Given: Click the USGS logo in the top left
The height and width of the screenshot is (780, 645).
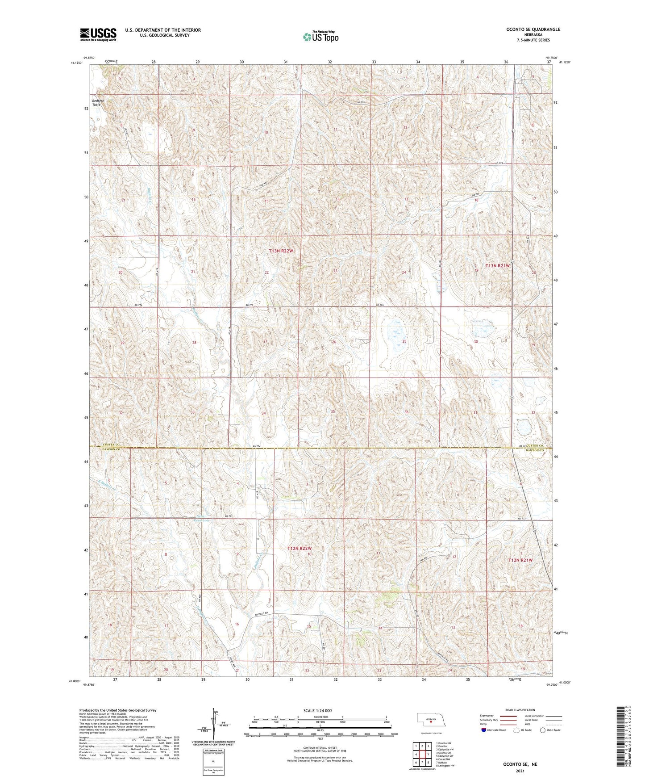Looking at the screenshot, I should [x=98, y=34].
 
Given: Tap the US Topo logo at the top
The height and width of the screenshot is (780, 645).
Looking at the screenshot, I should [x=320, y=37].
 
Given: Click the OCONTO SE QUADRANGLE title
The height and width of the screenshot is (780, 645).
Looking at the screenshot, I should [x=533, y=29].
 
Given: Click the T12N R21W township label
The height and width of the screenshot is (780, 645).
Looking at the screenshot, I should [x=520, y=560].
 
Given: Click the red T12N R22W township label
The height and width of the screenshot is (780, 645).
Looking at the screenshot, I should [x=299, y=548].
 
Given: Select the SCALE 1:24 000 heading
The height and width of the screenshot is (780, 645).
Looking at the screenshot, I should [x=320, y=710].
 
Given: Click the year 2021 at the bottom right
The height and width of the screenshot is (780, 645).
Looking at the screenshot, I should [x=519, y=771].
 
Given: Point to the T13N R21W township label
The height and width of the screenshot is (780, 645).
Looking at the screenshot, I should [x=497, y=265].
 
